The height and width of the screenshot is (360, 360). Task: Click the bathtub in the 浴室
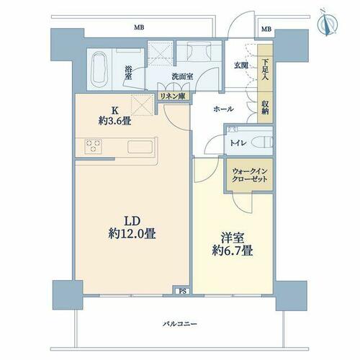(99, 70)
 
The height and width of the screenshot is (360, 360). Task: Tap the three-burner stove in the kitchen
(94, 146)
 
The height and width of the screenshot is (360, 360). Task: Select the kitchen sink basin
(140, 147)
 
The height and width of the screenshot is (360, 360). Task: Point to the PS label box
(183, 291)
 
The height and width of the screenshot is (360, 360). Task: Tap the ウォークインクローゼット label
(250, 175)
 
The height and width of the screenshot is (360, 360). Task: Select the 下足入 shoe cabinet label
(265, 70)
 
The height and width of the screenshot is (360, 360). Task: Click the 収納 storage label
(265, 107)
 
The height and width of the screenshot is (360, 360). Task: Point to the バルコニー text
(180, 324)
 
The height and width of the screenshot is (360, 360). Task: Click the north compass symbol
(327, 24)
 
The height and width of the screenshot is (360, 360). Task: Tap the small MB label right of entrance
(266, 30)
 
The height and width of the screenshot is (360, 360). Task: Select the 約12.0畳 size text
(132, 234)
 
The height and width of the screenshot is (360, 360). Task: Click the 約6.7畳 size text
(233, 251)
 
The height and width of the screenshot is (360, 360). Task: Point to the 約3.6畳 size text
(114, 122)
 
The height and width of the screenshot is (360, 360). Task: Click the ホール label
(223, 109)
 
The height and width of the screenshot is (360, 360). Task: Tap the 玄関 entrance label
(241, 66)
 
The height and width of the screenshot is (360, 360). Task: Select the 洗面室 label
(182, 77)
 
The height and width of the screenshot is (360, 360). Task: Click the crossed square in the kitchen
(142, 105)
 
